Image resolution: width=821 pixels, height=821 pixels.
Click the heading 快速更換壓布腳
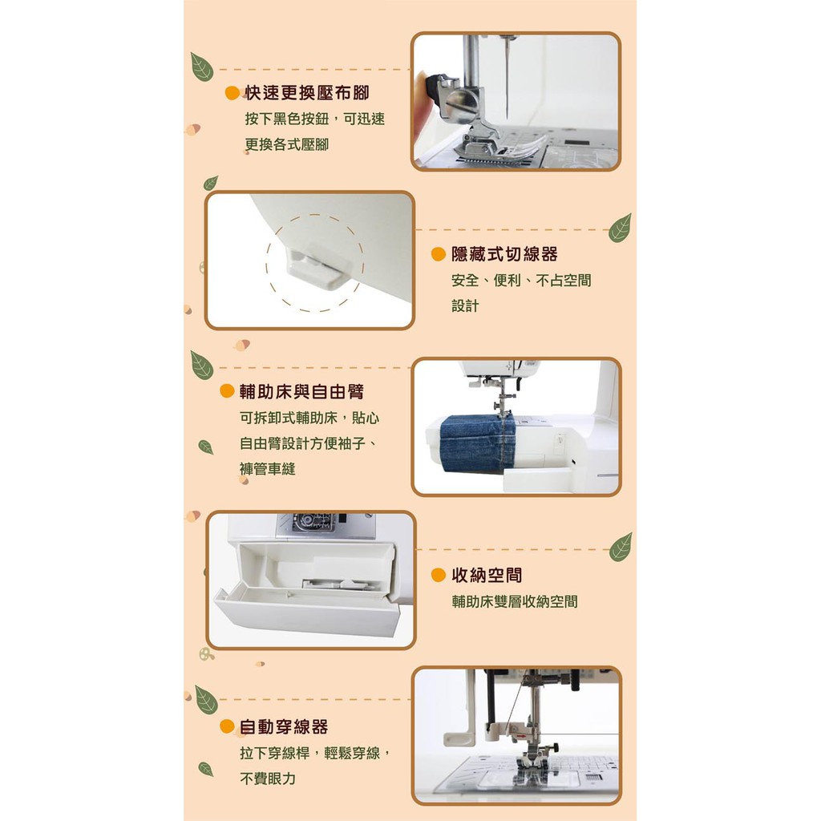click(x=307, y=93)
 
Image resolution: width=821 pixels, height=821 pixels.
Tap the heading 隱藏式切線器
click(x=504, y=254)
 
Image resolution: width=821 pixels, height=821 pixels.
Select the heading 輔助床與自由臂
click(x=301, y=391)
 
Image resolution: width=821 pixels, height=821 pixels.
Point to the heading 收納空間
click(x=487, y=576)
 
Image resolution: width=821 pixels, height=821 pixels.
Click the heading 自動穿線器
click(x=284, y=726)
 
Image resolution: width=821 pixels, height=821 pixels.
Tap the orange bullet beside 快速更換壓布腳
click(x=232, y=93)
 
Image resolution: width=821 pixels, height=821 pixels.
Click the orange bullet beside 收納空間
click(x=439, y=576)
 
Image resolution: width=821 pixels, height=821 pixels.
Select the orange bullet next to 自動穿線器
click(x=227, y=726)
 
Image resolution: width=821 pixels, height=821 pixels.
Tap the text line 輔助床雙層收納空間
click(x=515, y=601)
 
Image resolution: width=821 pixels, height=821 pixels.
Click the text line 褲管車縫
click(x=268, y=469)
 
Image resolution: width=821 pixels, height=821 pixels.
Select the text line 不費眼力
click(x=268, y=779)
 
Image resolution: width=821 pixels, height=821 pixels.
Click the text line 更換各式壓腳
click(x=287, y=144)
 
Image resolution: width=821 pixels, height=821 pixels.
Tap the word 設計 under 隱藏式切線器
click(x=465, y=305)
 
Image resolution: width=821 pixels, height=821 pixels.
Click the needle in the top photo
click(x=507, y=79)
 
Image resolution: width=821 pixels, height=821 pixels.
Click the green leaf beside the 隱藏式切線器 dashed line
click(x=620, y=228)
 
